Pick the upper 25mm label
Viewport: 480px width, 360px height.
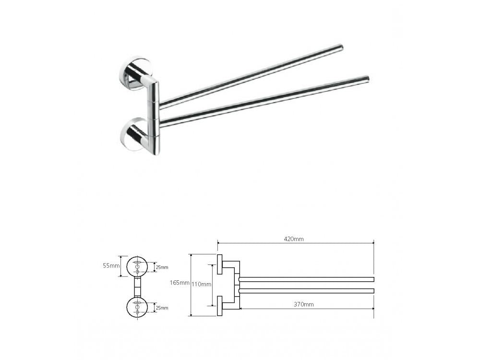click(x=162, y=267)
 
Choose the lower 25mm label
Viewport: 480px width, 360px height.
click(x=162, y=308)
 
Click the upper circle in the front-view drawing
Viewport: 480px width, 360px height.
click(x=138, y=266)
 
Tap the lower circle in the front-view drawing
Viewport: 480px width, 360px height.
click(x=138, y=307)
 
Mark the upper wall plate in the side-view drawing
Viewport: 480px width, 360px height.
click(x=219, y=264)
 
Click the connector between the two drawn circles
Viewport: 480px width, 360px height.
click(x=138, y=287)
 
